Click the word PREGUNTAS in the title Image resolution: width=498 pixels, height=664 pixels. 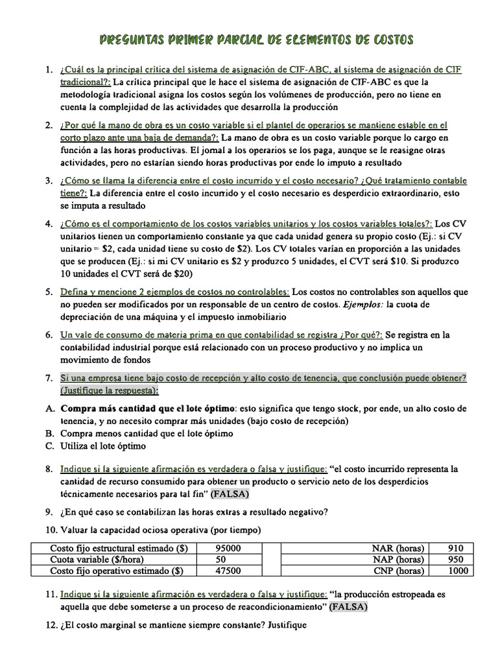pos(136,40)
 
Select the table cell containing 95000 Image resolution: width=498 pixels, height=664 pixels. pos(228,548)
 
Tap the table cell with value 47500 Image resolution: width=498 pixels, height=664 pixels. pos(228,571)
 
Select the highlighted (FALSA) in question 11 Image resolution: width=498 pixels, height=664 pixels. pos(348,607)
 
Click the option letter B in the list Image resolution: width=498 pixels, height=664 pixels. pos(49,433)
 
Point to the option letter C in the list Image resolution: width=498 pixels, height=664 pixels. pos(49,445)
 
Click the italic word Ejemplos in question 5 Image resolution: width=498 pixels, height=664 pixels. pos(363,304)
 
